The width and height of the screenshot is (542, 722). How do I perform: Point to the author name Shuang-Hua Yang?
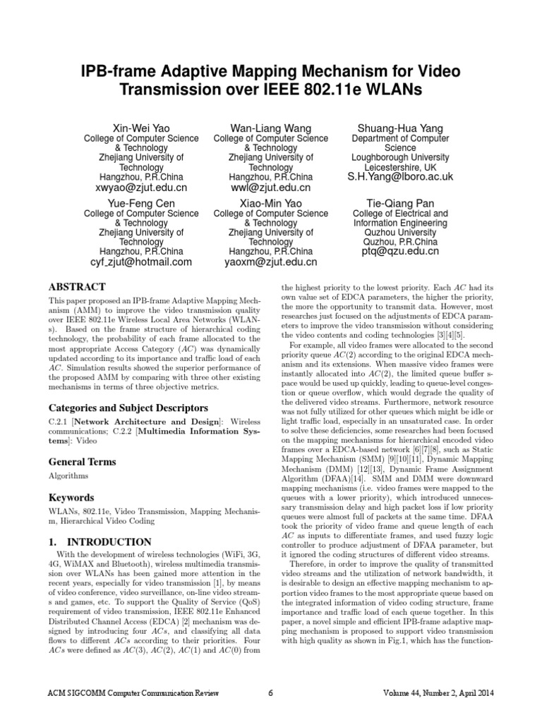pyautogui.click(x=400, y=128)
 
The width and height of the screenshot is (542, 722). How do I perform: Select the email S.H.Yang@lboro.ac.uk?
pyautogui.click(x=400, y=176)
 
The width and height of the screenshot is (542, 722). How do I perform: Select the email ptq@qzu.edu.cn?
pyautogui.click(x=400, y=250)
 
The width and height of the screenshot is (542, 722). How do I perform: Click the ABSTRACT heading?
pyautogui.click(x=76, y=287)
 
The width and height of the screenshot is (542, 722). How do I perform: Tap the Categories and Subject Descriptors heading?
pyautogui.click(x=127, y=408)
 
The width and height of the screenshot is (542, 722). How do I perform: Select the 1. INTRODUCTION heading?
pyautogui.click(x=100, y=542)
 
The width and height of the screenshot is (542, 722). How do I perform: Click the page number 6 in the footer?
pyautogui.click(x=271, y=692)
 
